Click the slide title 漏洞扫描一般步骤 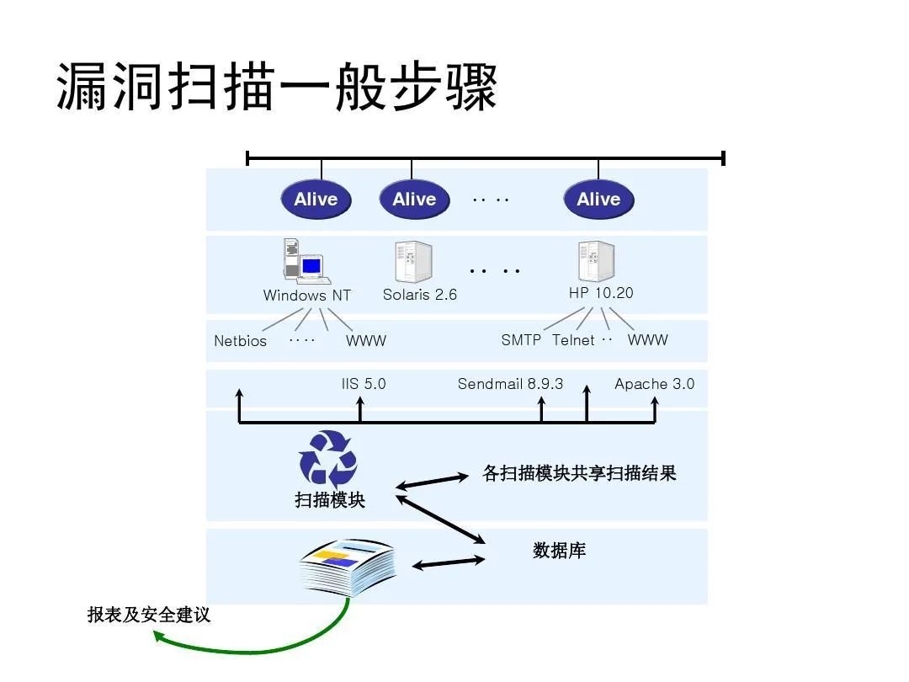click(277, 87)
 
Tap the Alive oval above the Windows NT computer click(316, 200)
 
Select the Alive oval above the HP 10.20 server click(598, 200)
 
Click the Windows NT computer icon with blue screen click(304, 262)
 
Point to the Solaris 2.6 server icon click(413, 262)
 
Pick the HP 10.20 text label click(601, 293)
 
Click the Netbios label click(240, 341)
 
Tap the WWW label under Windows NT click(366, 341)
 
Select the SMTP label click(521, 340)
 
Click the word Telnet click(573, 340)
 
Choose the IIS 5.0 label click(364, 384)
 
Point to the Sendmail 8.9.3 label click(510, 384)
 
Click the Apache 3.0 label click(654, 384)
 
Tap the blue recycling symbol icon click(328, 459)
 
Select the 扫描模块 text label click(330, 499)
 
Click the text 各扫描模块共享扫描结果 click(579, 473)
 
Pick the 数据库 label click(559, 551)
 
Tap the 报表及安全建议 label click(149, 615)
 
